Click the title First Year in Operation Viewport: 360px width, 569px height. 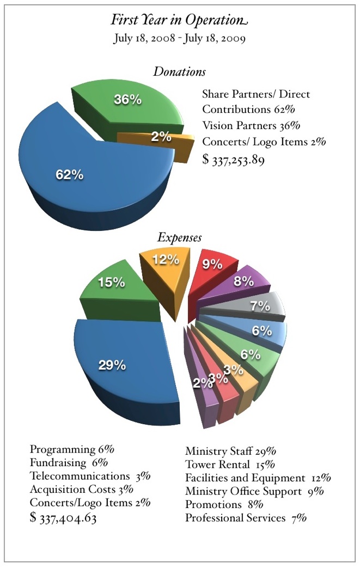coord(179,20)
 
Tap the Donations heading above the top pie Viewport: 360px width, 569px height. coord(179,71)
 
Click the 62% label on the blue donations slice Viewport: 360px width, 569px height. coord(70,175)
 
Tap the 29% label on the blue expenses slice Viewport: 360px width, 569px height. coord(113,365)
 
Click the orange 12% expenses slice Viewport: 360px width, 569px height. coord(164,264)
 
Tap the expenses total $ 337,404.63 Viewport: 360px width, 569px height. coord(64,518)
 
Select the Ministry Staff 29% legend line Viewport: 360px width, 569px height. coord(231,451)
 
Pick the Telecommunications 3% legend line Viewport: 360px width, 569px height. coord(90,476)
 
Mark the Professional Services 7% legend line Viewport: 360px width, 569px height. coord(246,518)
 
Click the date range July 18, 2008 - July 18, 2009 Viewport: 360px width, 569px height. coord(179,39)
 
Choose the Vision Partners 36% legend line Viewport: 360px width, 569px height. coord(251,125)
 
